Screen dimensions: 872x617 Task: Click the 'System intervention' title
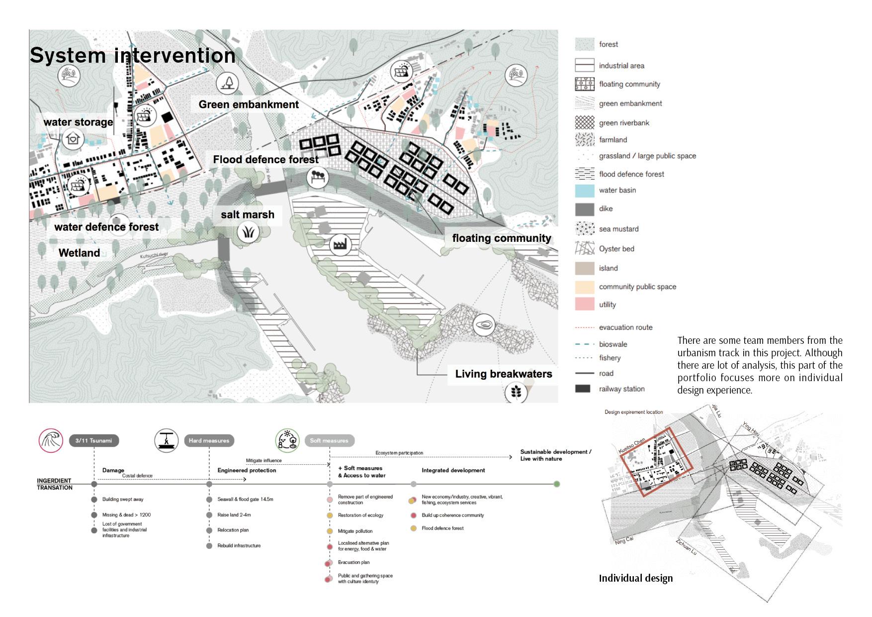point(132,55)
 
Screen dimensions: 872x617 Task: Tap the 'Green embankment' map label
point(249,104)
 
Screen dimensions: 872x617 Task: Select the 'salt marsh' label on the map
point(248,214)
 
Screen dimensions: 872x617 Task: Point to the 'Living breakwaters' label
point(503,374)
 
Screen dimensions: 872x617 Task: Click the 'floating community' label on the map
point(502,238)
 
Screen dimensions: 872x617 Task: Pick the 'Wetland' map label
point(79,253)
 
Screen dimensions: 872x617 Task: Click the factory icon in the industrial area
point(341,244)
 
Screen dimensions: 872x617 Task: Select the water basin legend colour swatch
point(585,191)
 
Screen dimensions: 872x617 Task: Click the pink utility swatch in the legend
point(585,305)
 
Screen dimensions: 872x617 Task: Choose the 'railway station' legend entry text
point(621,389)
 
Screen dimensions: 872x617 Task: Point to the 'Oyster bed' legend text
point(616,249)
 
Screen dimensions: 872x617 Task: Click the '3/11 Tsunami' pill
point(93,440)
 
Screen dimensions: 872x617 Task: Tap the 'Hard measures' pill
point(209,440)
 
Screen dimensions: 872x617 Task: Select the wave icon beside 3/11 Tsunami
point(51,440)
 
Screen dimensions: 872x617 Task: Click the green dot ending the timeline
point(557,484)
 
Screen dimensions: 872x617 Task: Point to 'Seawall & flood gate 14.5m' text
point(245,499)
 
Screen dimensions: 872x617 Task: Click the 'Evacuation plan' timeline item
point(353,562)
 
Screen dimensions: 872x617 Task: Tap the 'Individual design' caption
point(635,578)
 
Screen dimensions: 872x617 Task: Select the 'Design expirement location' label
point(633,412)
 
